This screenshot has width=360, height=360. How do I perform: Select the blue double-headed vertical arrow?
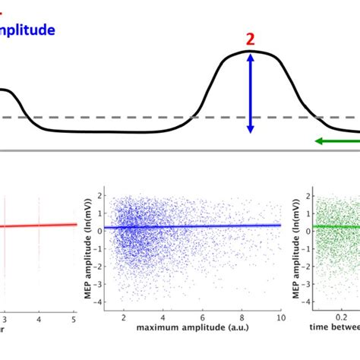[x=250, y=93]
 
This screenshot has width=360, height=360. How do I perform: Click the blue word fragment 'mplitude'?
[x=27, y=30]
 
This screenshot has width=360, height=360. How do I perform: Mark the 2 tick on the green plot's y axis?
[x=308, y=196]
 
